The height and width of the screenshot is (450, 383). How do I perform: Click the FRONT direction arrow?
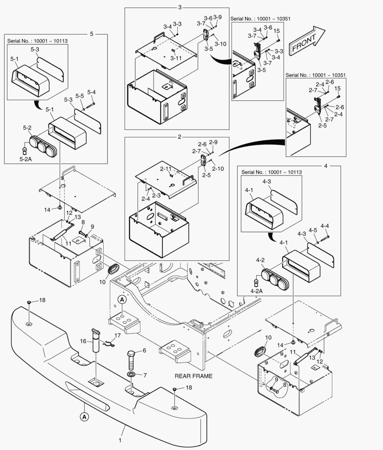pyautogui.click(x=307, y=40)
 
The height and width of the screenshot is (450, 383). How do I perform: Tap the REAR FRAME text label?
pyautogui.click(x=194, y=376)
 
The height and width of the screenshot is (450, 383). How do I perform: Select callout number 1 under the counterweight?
pyautogui.click(x=120, y=440)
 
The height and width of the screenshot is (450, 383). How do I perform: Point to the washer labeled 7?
pyautogui.click(x=131, y=376)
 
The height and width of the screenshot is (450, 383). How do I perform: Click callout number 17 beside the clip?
pyautogui.click(x=118, y=335)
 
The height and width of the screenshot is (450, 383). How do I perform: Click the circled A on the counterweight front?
pyautogui.click(x=84, y=416)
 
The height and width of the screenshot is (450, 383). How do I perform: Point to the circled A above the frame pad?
pyautogui.click(x=121, y=299)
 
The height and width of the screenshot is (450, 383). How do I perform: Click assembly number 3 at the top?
pyautogui.click(x=180, y=7)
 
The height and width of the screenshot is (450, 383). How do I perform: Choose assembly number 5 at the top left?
pyautogui.click(x=92, y=34)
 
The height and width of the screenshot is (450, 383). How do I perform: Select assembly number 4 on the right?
pyautogui.click(x=325, y=165)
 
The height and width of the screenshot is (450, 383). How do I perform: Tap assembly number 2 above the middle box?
pyautogui.click(x=179, y=137)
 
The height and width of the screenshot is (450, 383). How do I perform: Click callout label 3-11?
pyautogui.click(x=176, y=58)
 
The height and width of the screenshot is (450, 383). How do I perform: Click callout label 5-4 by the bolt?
pyautogui.click(x=91, y=92)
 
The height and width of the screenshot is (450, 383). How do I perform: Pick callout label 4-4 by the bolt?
pyautogui.click(x=325, y=226)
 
